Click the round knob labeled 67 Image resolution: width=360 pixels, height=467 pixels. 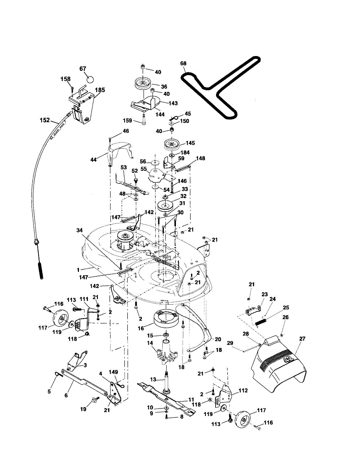click(90, 79)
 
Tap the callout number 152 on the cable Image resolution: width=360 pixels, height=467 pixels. click(45, 120)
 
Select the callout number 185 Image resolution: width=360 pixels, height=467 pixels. click(100, 90)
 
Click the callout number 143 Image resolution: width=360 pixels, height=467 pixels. click(173, 103)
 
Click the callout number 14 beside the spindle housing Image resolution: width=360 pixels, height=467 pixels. click(150, 343)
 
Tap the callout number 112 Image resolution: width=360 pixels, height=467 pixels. click(243, 390)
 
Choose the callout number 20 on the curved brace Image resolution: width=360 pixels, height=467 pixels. click(218, 339)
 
